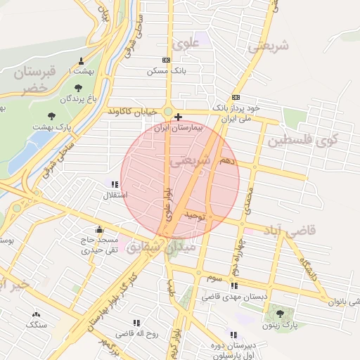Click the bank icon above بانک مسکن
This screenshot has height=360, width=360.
[166, 60]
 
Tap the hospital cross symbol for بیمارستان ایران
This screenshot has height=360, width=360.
[179, 117]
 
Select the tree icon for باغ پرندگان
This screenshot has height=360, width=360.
[77, 88]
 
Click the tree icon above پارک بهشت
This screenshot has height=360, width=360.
[51, 115]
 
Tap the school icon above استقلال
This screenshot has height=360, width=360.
[115, 184]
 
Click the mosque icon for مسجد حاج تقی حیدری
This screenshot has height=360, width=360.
[99, 229]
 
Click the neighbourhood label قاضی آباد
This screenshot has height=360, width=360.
[290, 231]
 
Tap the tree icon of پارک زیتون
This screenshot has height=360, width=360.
[281, 314]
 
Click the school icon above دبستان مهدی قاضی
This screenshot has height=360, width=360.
[234, 286]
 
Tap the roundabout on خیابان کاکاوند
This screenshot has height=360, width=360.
[169, 111]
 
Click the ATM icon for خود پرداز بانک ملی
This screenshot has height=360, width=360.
[236, 98]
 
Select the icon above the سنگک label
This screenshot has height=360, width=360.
[35, 314]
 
